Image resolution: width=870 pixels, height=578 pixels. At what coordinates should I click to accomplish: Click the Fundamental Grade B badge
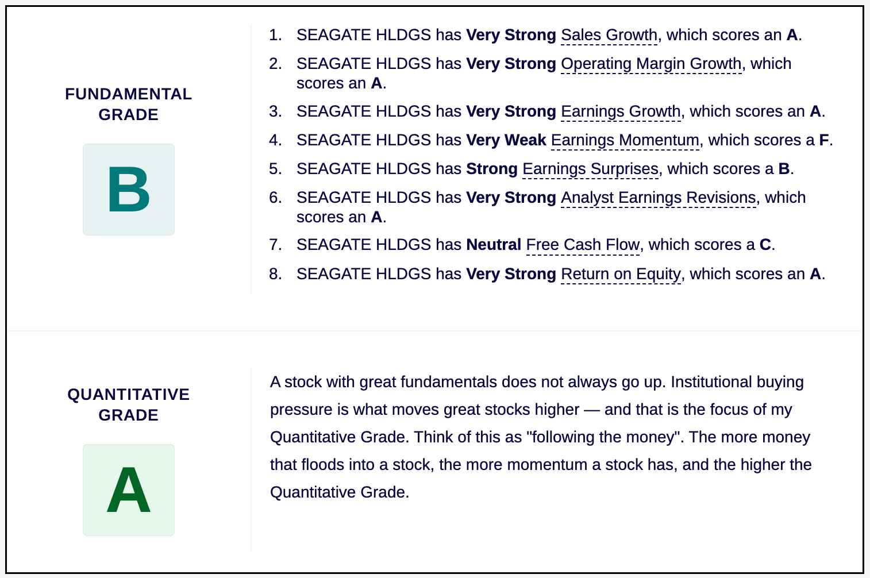129,190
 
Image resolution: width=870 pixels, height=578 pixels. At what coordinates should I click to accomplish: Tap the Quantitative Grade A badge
129,490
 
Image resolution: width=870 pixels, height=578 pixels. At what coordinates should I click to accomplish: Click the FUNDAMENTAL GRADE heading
129,104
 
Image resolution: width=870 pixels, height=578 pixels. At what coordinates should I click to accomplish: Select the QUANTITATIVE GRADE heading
129,404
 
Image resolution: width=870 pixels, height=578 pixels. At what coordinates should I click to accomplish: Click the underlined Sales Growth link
609,36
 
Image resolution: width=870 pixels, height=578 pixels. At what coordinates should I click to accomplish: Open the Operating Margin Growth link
651,64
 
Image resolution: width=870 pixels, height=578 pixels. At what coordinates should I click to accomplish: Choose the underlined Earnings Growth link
621,112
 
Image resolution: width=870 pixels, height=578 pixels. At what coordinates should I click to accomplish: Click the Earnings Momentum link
625,141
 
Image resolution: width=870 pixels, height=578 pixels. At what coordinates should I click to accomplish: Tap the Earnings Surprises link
590,169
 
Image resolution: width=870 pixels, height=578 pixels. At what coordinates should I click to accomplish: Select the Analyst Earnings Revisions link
659,198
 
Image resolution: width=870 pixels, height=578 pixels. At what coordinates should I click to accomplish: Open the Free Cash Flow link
583,245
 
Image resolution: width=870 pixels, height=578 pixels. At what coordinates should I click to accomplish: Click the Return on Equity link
621,275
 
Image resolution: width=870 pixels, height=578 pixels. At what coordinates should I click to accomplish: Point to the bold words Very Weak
506,140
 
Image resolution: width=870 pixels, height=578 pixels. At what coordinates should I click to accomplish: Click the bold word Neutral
494,245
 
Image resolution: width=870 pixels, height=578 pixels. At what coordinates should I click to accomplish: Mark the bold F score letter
824,140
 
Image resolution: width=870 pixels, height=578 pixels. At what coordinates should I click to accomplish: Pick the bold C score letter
765,245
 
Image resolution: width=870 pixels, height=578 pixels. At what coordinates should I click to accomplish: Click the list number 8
275,274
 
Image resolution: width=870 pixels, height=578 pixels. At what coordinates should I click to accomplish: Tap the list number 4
275,140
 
